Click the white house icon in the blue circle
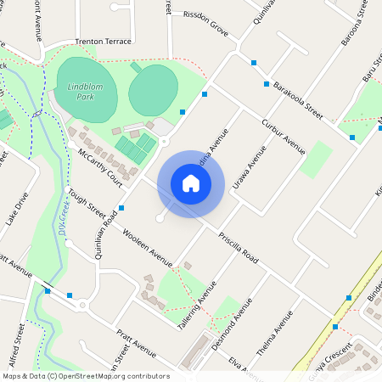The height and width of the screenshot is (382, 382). tap(191, 183)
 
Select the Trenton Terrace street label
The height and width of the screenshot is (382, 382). tap(104, 42)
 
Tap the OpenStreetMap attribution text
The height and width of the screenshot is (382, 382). tap(85, 376)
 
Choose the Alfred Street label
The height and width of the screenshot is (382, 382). tap(15, 348)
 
